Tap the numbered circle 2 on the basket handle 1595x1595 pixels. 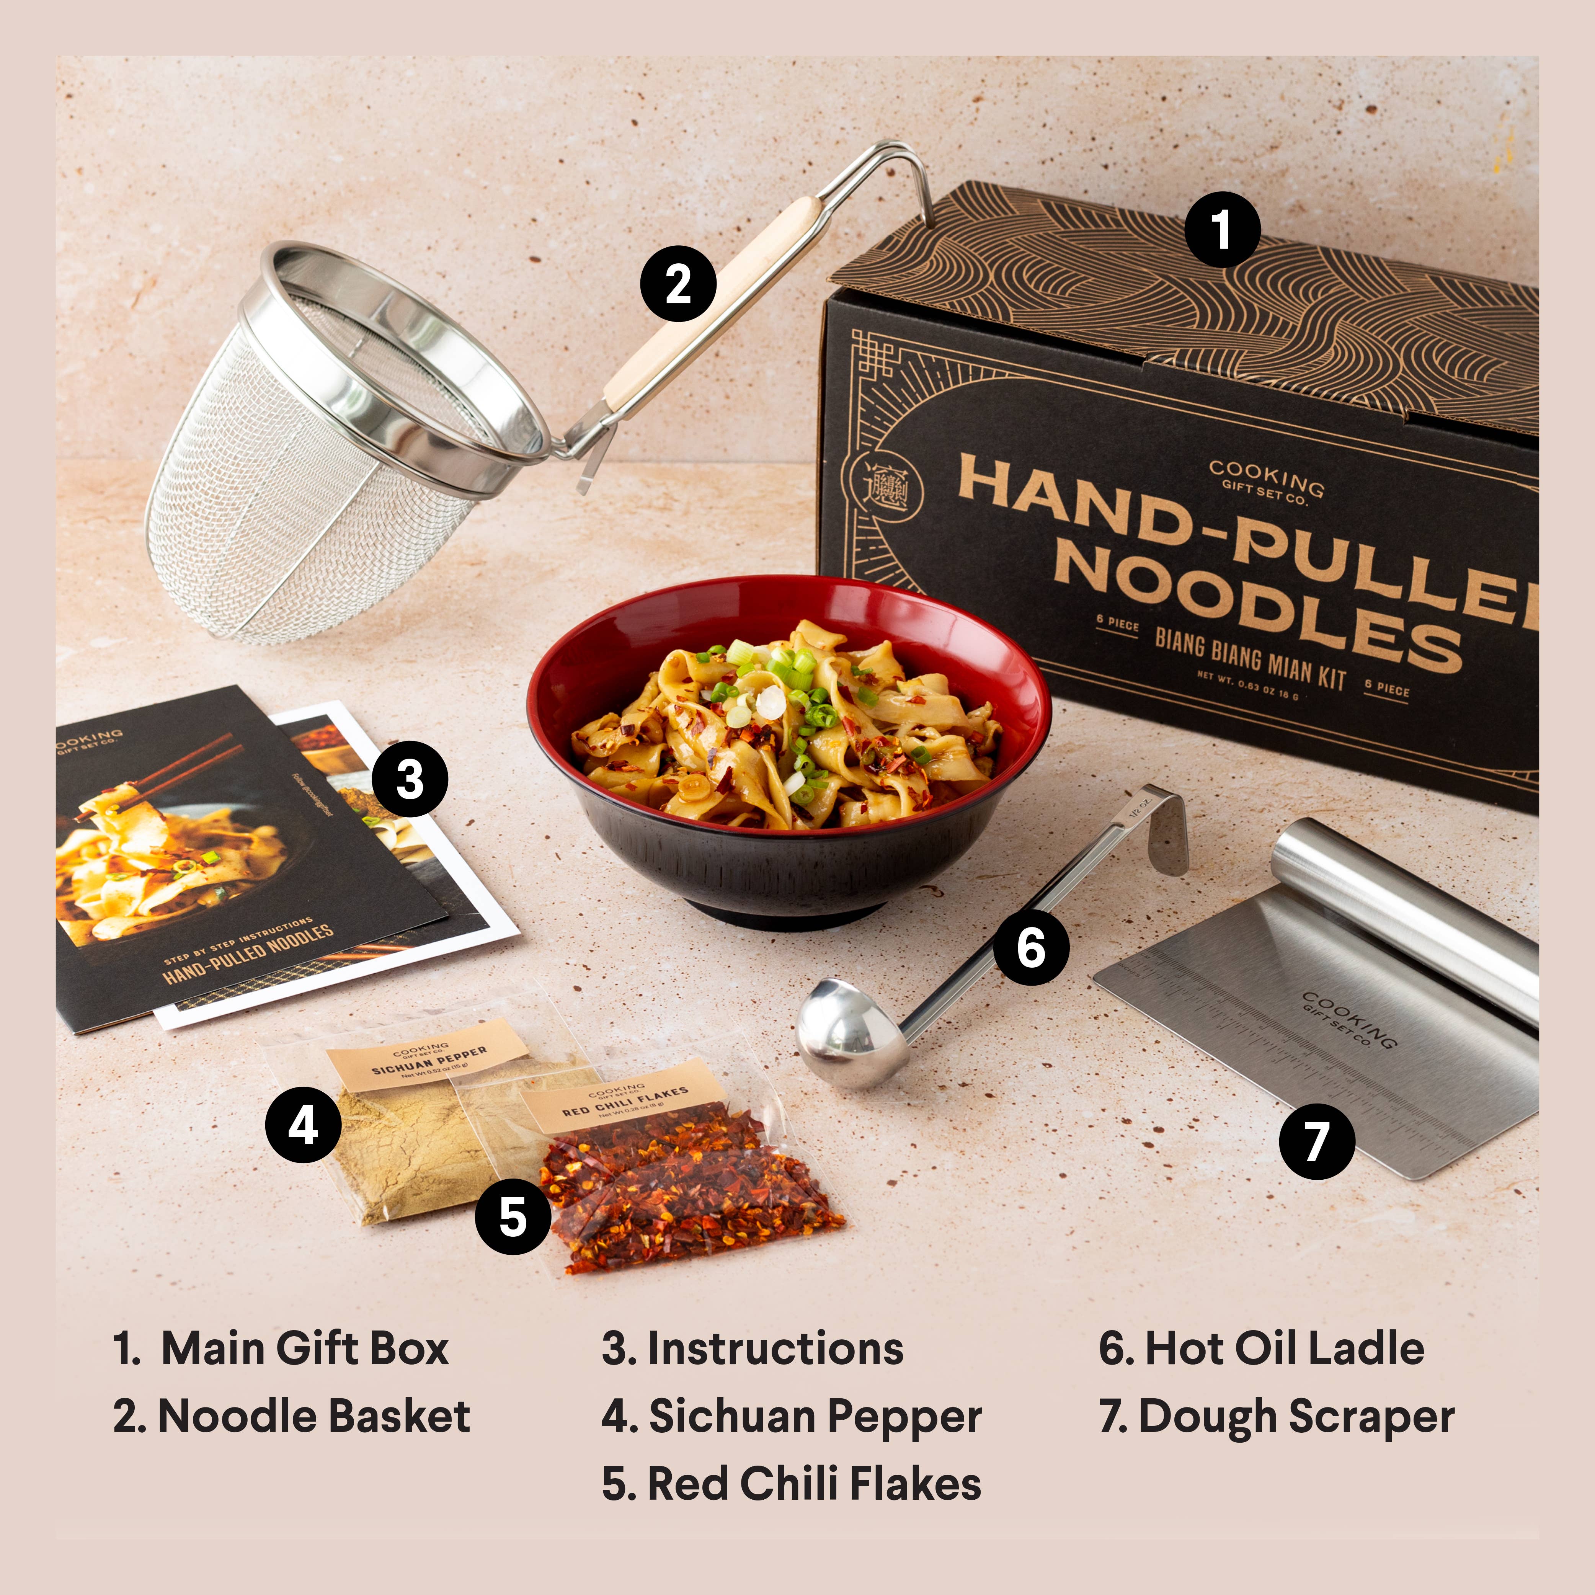(x=678, y=283)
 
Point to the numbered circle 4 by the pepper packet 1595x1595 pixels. (x=303, y=1125)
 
